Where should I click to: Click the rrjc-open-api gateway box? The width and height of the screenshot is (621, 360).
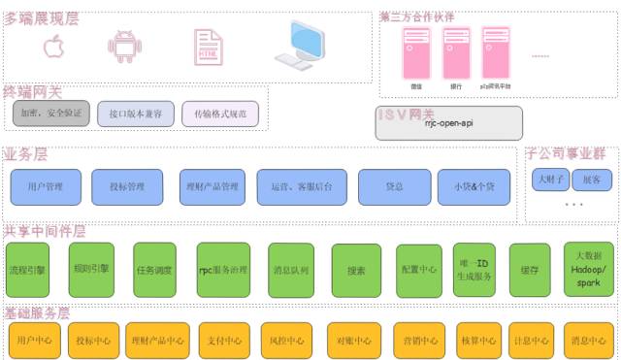pos(448,123)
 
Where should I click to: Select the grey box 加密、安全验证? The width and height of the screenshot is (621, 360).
pos(50,114)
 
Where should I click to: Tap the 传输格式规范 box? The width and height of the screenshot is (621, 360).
pos(220,114)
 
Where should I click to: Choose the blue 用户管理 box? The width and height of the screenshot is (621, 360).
pos(46,186)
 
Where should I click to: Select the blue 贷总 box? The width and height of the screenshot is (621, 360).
pos(394,186)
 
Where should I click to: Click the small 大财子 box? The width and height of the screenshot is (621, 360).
pos(547,180)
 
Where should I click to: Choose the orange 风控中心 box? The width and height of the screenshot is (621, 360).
pos(288,341)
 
